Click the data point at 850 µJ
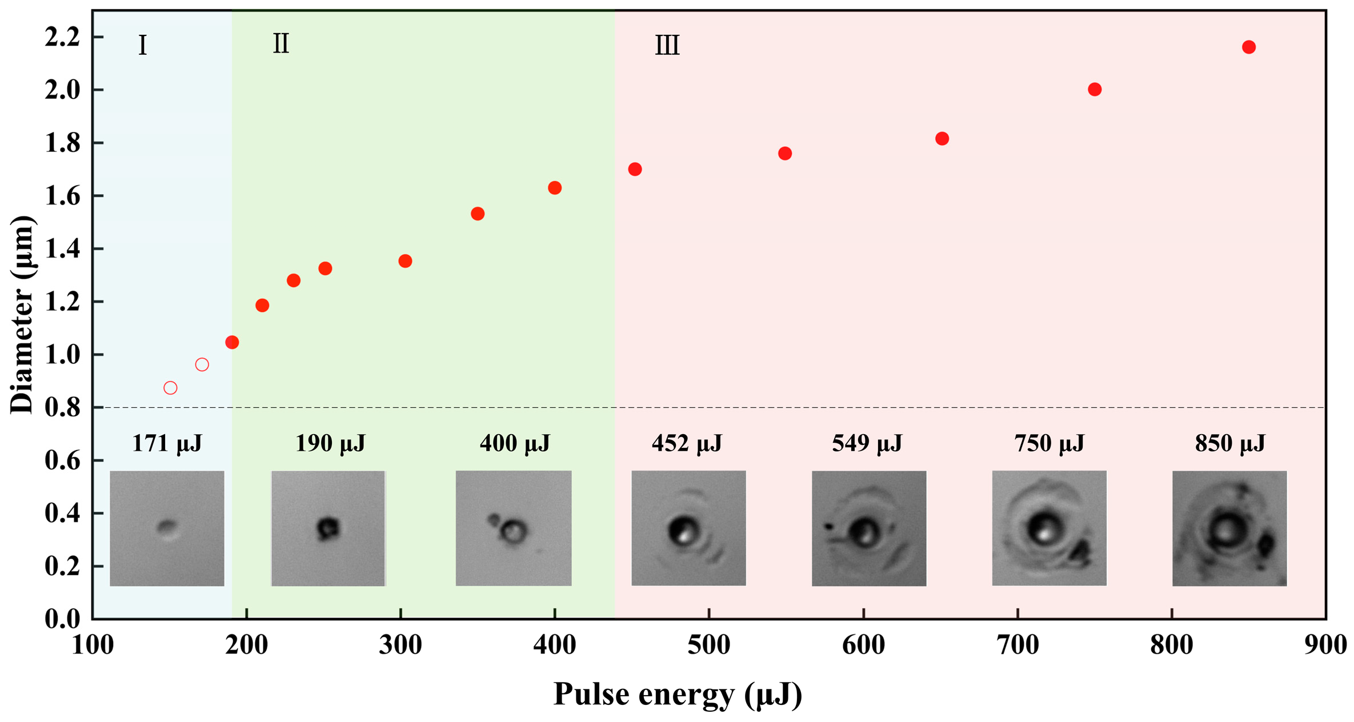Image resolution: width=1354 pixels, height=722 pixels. click(x=1248, y=47)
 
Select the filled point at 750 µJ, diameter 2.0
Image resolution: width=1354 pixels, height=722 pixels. click(x=1094, y=89)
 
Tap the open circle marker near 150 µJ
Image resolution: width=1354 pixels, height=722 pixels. click(x=170, y=388)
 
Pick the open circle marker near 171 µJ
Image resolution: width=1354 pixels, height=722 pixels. click(x=202, y=364)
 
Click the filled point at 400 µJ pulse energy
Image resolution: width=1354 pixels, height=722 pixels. click(x=554, y=188)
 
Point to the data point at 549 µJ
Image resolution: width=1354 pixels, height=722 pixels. click(x=784, y=153)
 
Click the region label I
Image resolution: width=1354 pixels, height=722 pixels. click(x=142, y=45)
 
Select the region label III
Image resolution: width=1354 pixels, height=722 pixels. click(x=667, y=45)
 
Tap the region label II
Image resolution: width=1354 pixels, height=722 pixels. click(x=281, y=44)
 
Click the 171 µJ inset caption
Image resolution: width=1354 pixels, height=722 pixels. click(x=167, y=443)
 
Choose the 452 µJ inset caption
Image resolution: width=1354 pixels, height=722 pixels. click(x=687, y=443)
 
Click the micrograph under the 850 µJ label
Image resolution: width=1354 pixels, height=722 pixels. click(x=1229, y=528)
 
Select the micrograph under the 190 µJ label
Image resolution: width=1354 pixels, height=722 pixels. click(x=328, y=528)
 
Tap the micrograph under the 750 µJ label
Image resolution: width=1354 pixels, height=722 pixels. click(x=1049, y=528)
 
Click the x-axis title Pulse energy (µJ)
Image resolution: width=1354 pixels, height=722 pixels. click(x=678, y=695)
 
